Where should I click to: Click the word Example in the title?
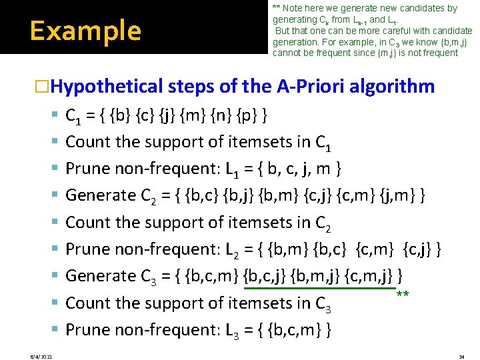[85, 31]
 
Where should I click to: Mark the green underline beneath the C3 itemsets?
[321, 289]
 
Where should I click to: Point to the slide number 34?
[461, 356]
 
